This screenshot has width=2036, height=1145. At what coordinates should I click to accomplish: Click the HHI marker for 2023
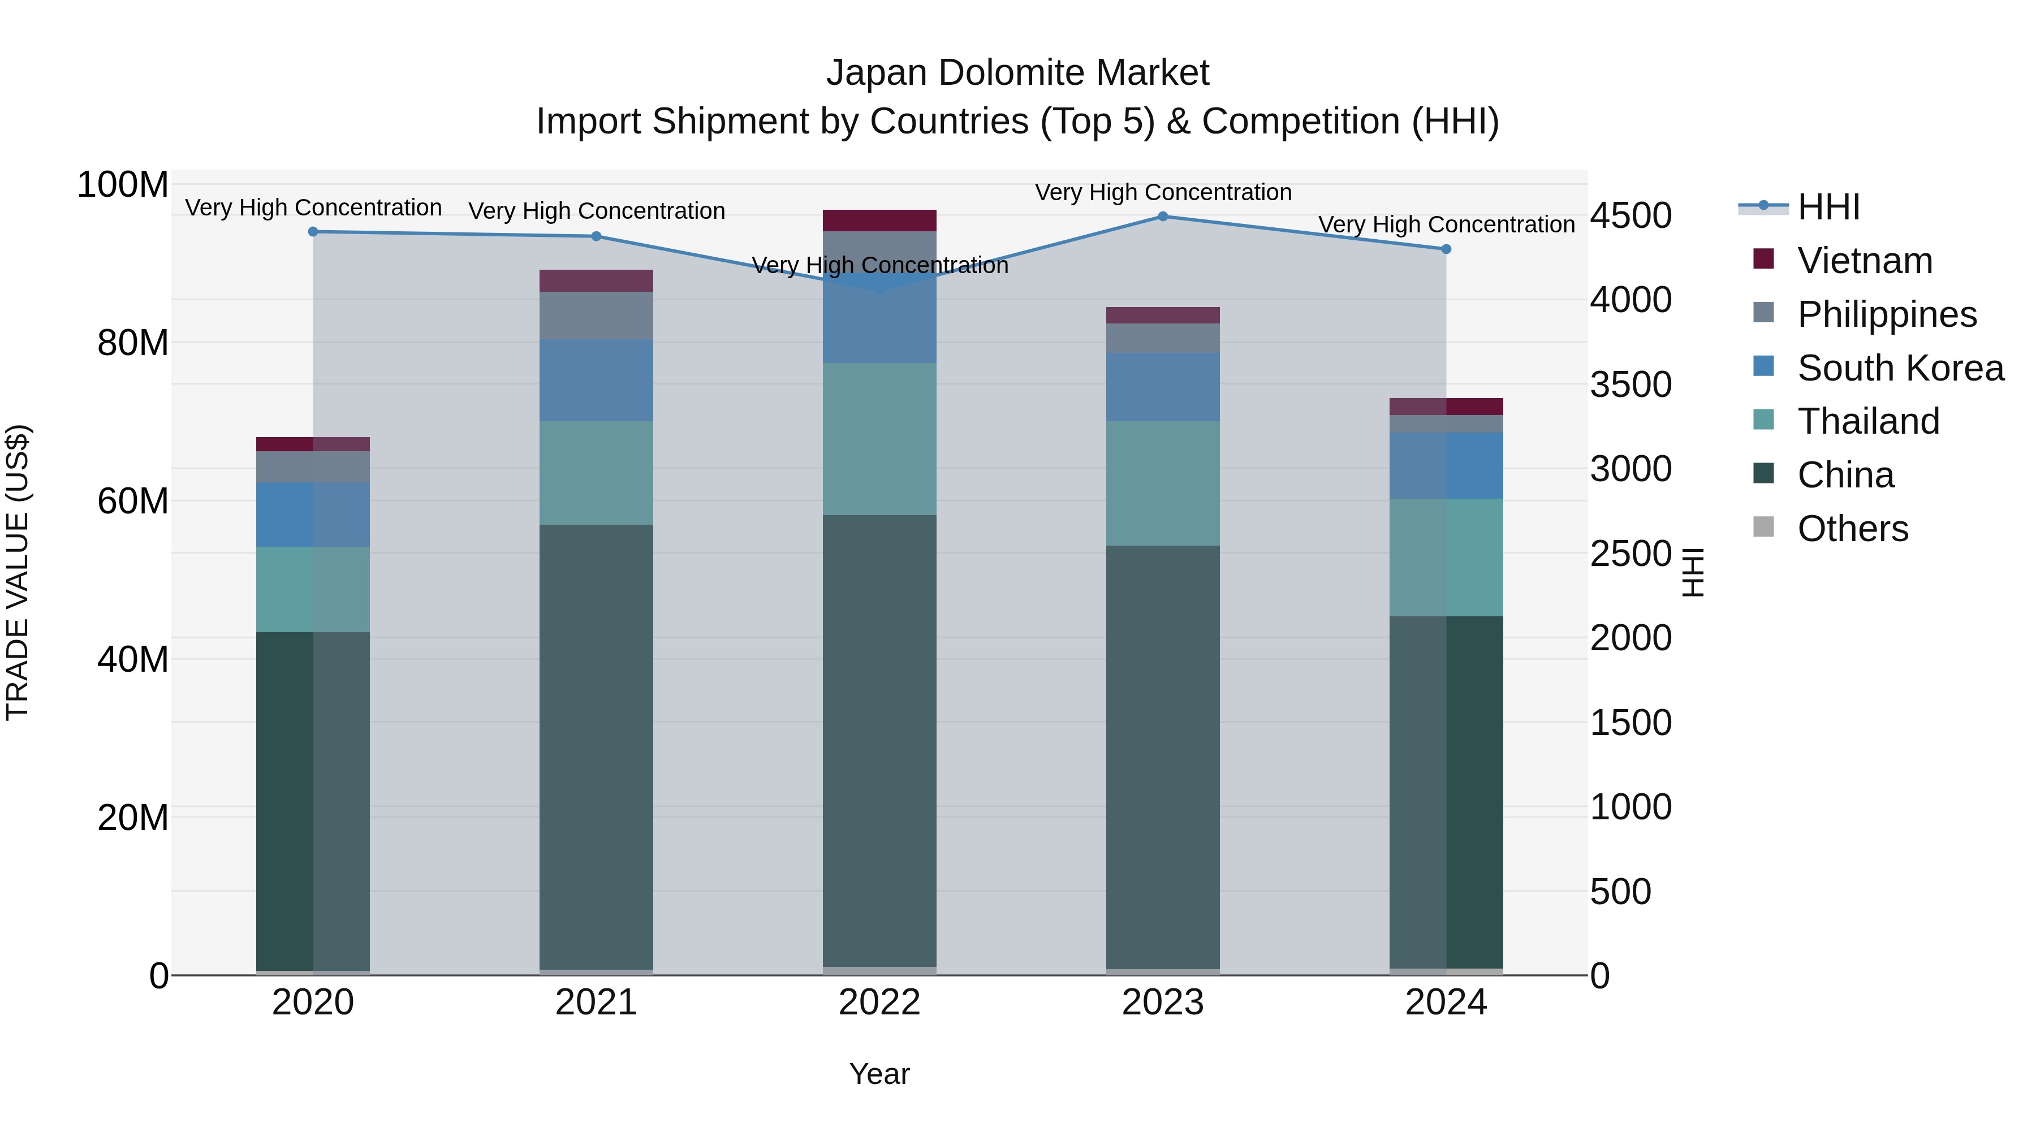pos(1163,216)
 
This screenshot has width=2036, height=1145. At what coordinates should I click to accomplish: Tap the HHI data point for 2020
pos(313,231)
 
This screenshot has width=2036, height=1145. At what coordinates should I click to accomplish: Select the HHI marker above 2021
pos(597,236)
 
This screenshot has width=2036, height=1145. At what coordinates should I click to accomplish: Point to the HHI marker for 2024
pos(1446,249)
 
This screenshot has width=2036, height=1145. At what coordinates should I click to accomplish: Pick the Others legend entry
pos(1852,529)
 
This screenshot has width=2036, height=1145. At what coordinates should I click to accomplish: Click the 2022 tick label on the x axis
pos(879,1003)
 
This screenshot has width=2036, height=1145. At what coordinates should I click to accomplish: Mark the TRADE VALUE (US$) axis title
pos(18,572)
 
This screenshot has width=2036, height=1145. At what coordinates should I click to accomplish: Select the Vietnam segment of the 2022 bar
pos(879,221)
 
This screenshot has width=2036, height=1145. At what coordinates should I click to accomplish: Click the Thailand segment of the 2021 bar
pos(597,473)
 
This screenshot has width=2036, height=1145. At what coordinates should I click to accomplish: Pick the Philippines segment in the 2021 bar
pos(597,316)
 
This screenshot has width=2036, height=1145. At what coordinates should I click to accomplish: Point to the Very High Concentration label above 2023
pos(1163,192)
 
